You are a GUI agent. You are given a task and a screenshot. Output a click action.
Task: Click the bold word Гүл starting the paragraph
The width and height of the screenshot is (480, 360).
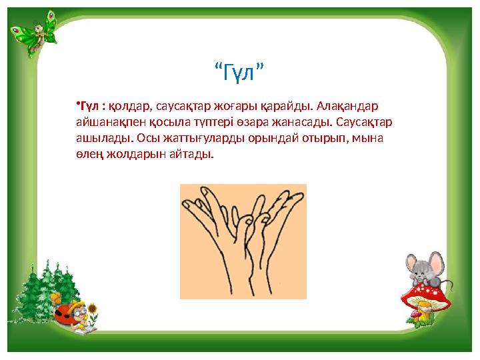click(89, 107)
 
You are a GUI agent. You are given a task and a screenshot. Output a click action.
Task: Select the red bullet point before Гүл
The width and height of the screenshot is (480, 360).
click(77, 104)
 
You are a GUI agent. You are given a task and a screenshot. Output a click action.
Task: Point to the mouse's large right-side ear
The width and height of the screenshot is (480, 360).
click(437, 261)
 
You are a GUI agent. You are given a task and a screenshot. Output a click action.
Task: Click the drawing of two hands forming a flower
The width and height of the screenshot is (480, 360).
click(243, 241)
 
